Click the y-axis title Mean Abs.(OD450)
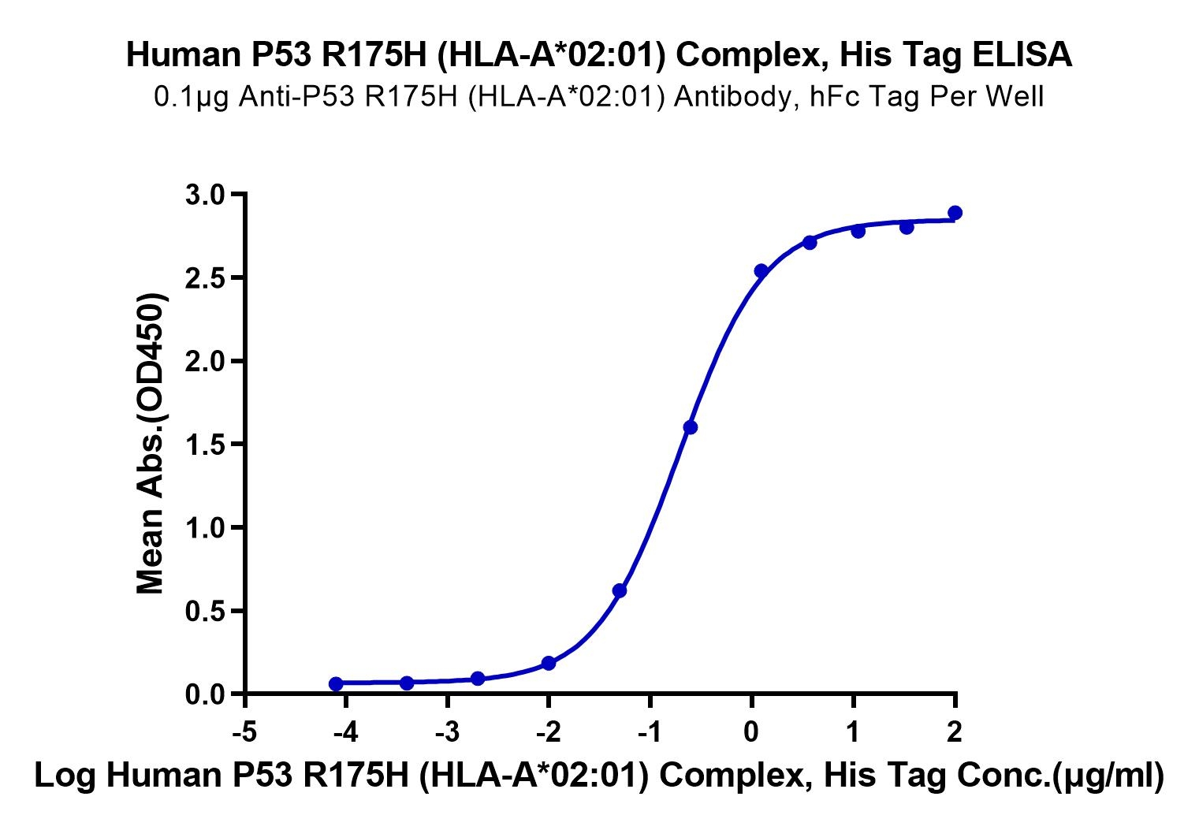tap(151, 443)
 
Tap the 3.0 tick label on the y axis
tap(205, 195)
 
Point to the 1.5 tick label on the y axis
tap(205, 445)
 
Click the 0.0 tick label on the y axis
tap(205, 695)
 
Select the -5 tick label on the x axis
tap(245, 732)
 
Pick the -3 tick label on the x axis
tap(447, 732)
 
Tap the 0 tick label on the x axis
tap(752, 732)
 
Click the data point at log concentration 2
tap(955, 213)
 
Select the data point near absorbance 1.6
tap(691, 427)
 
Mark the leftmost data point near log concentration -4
tap(336, 683)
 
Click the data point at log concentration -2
tap(549, 664)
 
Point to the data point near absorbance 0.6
tap(620, 590)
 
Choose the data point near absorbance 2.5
tap(761, 271)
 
